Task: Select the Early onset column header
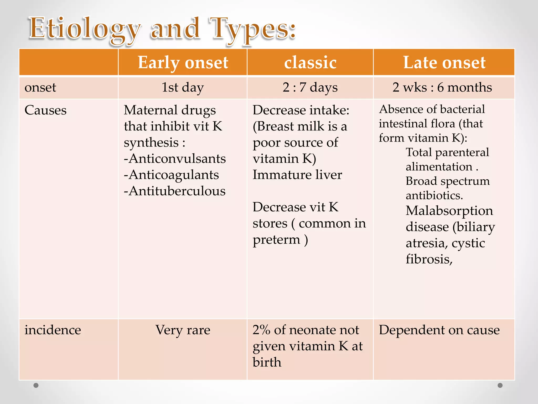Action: pyautogui.click(x=183, y=63)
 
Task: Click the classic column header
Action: pyautogui.click(x=310, y=63)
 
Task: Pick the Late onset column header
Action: pyautogui.click(x=444, y=63)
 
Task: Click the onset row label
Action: pyautogui.click(x=40, y=87)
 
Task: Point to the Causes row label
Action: pyautogui.click(x=45, y=110)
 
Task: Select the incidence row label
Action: pyautogui.click(x=53, y=330)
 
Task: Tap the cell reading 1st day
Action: pyautogui.click(x=183, y=87)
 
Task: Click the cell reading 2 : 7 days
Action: pyautogui.click(x=310, y=87)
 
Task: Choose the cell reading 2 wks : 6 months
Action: pyautogui.click(x=442, y=87)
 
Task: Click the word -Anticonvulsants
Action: pyautogui.click(x=175, y=159)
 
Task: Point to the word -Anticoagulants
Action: pyautogui.click(x=171, y=175)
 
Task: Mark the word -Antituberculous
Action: pyautogui.click(x=175, y=191)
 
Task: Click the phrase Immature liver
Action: pyautogui.click(x=297, y=175)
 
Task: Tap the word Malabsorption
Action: pyautogui.click(x=449, y=211)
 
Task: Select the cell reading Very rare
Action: pyautogui.click(x=183, y=330)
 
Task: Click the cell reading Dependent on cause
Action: pyautogui.click(x=439, y=330)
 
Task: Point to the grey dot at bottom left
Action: pyautogui.click(x=36, y=385)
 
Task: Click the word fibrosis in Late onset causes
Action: pyautogui.click(x=429, y=259)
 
